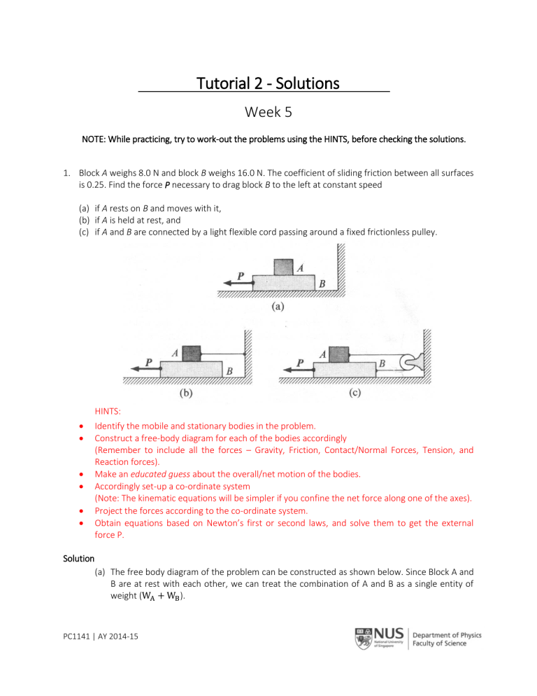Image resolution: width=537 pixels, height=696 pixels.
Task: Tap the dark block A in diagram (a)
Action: pyautogui.click(x=284, y=267)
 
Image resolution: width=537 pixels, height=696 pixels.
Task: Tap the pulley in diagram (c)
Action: pyautogui.click(x=406, y=362)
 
